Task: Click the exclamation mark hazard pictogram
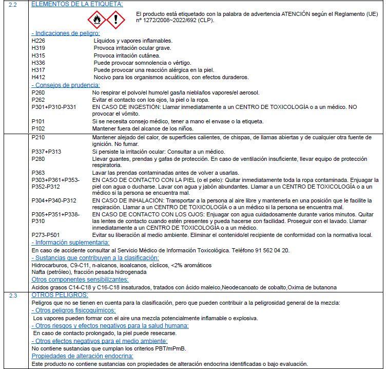pyautogui.click(x=118, y=20)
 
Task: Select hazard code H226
pyautogui.click(x=38, y=40)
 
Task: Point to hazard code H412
pyautogui.click(x=38, y=77)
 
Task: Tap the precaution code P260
pyautogui.click(x=38, y=93)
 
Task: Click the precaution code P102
pyautogui.click(x=38, y=128)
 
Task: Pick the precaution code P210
pyautogui.click(x=38, y=137)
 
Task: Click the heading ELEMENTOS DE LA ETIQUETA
pyautogui.click(x=77, y=4)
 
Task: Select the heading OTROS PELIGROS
pyautogui.click(x=60, y=296)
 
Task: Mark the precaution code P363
pyautogui.click(x=38, y=173)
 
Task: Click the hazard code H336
pyautogui.click(x=38, y=63)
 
